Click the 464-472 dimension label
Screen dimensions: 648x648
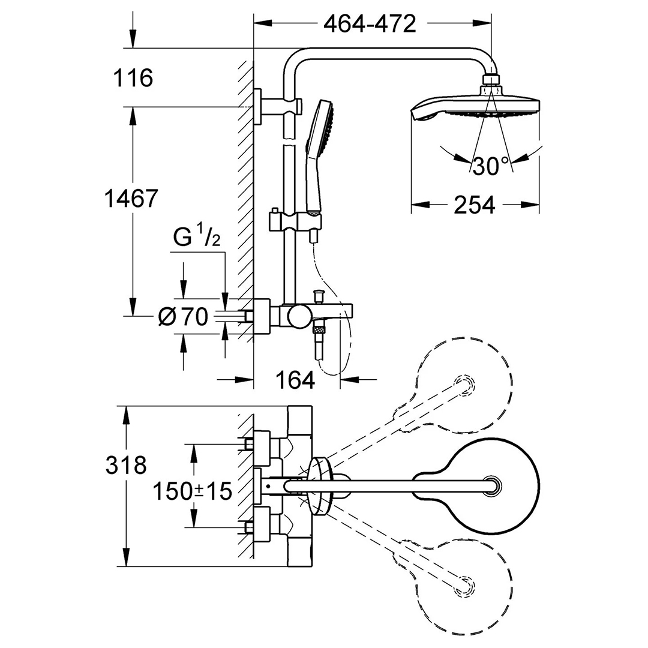370,25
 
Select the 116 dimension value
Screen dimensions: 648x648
133,78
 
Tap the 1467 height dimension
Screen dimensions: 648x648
131,199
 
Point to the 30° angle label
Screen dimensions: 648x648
491,166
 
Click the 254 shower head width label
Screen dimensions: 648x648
475,205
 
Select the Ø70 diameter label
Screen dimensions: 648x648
183,317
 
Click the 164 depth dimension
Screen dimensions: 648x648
295,380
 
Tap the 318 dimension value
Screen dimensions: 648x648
126,466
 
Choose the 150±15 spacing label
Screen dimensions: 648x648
193,491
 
